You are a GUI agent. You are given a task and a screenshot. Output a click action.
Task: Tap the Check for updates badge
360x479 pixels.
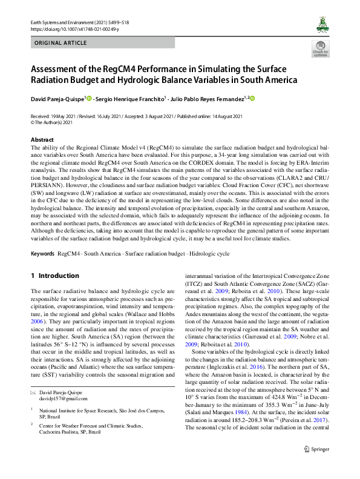[x=321, y=49]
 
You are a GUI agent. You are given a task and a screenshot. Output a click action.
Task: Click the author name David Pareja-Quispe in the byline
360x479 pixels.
[x=58, y=99]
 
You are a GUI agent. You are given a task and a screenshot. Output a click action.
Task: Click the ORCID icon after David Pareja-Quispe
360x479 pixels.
[x=89, y=98]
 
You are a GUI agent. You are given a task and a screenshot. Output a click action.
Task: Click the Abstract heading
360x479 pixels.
[x=42, y=140]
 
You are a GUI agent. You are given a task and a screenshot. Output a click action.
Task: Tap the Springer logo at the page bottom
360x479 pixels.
[x=315, y=466]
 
